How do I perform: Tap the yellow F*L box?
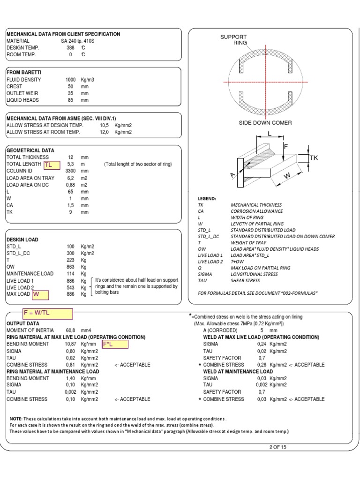(x=114, y=345)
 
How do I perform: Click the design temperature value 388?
(x=70, y=48)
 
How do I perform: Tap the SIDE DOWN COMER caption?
(x=265, y=123)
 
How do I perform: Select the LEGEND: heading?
(x=207, y=199)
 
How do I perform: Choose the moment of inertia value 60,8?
(x=70, y=330)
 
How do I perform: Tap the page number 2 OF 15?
(x=277, y=447)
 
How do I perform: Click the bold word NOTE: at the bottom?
(x=18, y=419)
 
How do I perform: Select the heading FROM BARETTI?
(x=24, y=73)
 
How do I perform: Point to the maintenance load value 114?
(x=71, y=273)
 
